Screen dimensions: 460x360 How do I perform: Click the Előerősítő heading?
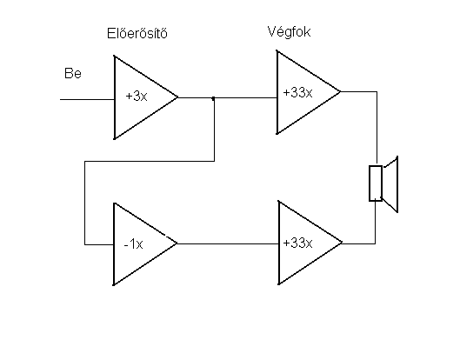137,33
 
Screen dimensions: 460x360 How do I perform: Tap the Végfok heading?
289,31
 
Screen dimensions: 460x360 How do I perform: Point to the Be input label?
73,73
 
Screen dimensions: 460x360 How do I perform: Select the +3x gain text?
137,96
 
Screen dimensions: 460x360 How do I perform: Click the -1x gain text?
134,243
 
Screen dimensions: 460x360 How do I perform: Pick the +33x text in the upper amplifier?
297,92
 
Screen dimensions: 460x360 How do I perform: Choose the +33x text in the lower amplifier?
297,243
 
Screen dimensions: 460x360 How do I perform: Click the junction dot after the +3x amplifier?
213,98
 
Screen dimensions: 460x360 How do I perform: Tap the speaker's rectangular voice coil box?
376,183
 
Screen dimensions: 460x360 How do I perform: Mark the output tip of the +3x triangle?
177,97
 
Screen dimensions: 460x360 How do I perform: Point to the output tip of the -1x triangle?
177,243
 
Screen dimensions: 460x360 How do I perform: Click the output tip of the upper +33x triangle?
340,91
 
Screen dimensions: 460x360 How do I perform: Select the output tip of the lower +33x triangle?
342,243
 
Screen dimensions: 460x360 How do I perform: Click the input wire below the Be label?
87,99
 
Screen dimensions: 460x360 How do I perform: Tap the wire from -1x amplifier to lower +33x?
228,243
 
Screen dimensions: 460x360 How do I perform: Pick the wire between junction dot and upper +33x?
245,97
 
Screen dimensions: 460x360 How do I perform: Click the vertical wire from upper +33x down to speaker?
377,129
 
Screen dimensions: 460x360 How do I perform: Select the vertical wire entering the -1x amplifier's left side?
85,203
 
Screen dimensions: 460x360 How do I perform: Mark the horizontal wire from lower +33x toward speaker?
358,243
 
